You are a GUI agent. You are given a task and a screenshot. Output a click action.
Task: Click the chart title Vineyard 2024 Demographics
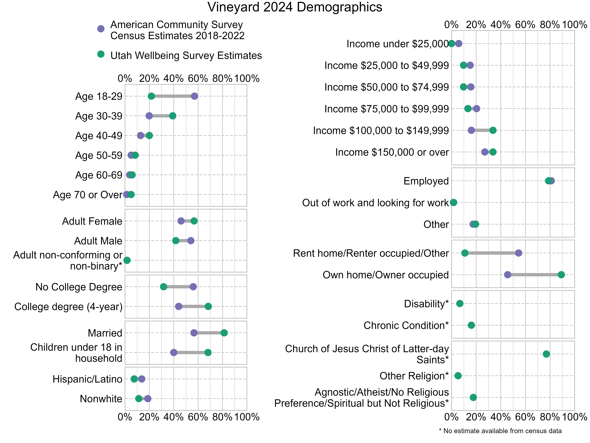tap(295, 7)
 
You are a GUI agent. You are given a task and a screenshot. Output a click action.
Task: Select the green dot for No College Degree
tap(163, 287)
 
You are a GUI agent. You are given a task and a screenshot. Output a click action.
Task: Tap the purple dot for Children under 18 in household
tap(174, 352)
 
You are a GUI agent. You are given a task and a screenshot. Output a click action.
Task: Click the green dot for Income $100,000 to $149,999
tap(493, 130)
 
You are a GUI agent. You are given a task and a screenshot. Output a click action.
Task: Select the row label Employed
tap(426, 181)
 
